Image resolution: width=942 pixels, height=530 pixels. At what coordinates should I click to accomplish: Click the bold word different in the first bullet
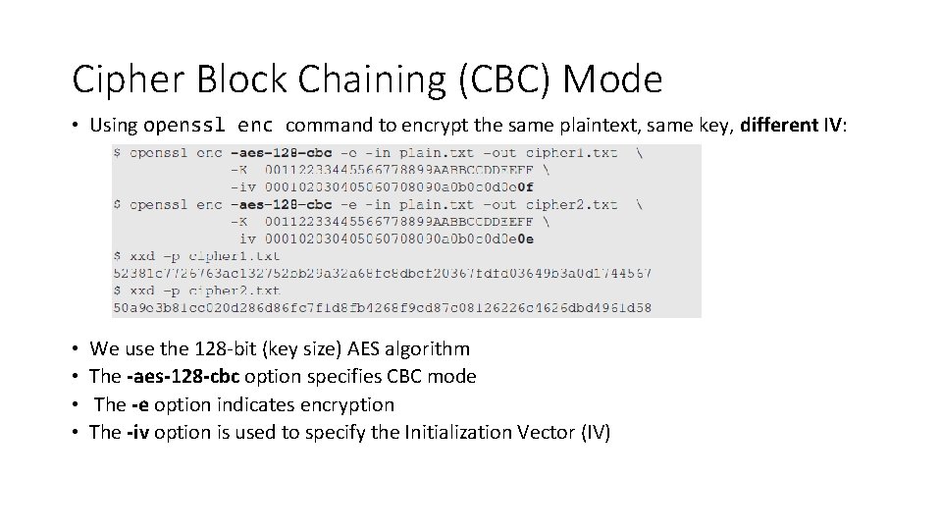779,126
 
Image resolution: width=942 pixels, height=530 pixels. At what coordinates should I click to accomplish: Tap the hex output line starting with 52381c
382,273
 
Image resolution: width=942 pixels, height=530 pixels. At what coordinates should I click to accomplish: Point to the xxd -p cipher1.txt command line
196,256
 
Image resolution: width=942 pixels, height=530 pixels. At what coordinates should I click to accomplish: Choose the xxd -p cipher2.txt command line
196,291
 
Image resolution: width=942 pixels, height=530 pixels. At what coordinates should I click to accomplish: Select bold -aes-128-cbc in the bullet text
183,377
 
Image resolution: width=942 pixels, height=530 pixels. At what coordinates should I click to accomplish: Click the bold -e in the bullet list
141,404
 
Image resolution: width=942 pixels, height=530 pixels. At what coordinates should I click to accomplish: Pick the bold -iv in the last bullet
138,432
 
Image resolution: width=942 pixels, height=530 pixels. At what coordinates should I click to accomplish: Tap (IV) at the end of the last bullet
594,432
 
